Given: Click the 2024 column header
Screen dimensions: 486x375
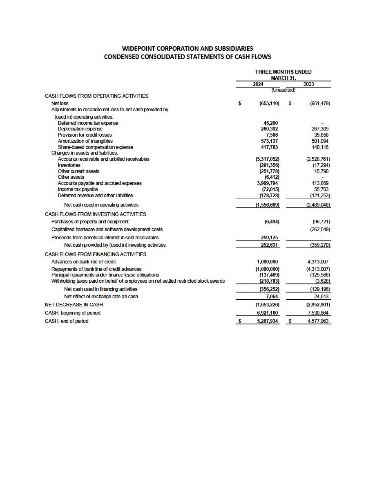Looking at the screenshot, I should (x=258, y=84).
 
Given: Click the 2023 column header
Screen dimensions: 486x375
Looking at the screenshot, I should (x=308, y=84).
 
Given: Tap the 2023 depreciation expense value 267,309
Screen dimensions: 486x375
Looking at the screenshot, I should (x=320, y=129).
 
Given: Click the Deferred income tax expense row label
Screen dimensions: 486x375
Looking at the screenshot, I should (x=88, y=123).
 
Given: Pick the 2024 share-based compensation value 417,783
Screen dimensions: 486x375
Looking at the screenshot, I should (x=269, y=147).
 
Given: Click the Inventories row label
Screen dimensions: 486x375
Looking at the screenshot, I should (x=69, y=165).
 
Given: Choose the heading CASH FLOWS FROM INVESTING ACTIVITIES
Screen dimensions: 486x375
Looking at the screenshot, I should (x=95, y=214).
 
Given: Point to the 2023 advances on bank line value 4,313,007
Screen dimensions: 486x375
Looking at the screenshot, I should (x=318, y=262).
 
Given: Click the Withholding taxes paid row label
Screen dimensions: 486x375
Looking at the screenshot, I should (x=138, y=281).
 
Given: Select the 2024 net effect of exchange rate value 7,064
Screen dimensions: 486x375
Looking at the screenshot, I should (x=272, y=297).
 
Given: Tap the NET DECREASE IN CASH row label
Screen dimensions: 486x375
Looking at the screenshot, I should (x=74, y=305).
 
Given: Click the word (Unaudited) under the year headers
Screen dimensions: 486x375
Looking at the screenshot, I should (x=283, y=90).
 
